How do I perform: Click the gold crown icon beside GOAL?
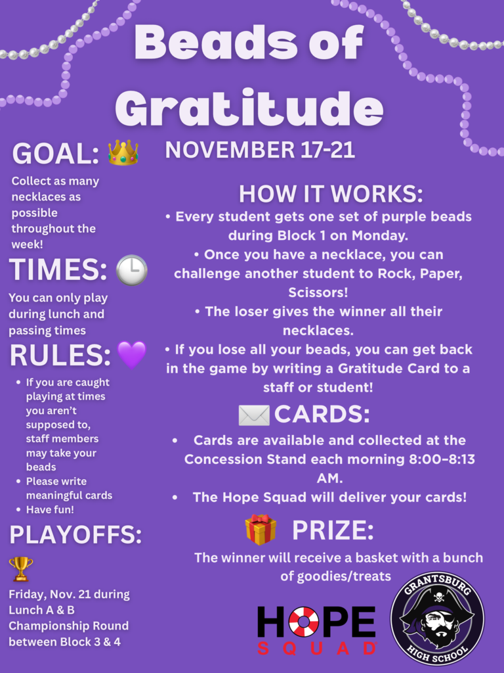pyautogui.click(x=123, y=152)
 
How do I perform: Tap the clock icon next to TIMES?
pyautogui.click(x=131, y=269)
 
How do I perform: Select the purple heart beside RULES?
pyautogui.click(x=131, y=355)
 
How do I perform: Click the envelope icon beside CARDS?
pyautogui.click(x=254, y=415)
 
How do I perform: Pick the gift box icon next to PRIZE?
pyautogui.click(x=261, y=530)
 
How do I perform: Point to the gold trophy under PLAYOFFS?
pyautogui.click(x=20, y=569)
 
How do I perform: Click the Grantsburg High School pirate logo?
pyautogui.click(x=437, y=618)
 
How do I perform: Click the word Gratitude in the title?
pyautogui.click(x=249, y=106)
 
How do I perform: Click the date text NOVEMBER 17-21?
pyautogui.click(x=260, y=150)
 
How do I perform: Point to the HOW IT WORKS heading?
pyautogui.click(x=331, y=194)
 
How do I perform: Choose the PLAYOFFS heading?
pyautogui.click(x=75, y=535)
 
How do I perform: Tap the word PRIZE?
pyautogui.click(x=333, y=530)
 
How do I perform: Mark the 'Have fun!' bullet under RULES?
pyautogui.click(x=49, y=510)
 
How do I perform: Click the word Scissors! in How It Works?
pyautogui.click(x=318, y=291)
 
